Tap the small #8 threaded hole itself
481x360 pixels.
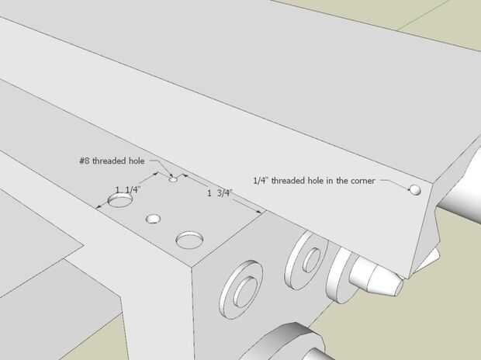click(x=173, y=178)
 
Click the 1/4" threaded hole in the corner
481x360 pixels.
click(x=415, y=189)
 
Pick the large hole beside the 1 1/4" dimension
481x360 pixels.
click(x=120, y=202)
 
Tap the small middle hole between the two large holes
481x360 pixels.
click(x=154, y=220)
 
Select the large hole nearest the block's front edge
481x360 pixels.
click(x=189, y=239)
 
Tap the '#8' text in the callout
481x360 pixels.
click(x=84, y=161)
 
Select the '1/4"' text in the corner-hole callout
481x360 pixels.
click(x=261, y=181)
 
